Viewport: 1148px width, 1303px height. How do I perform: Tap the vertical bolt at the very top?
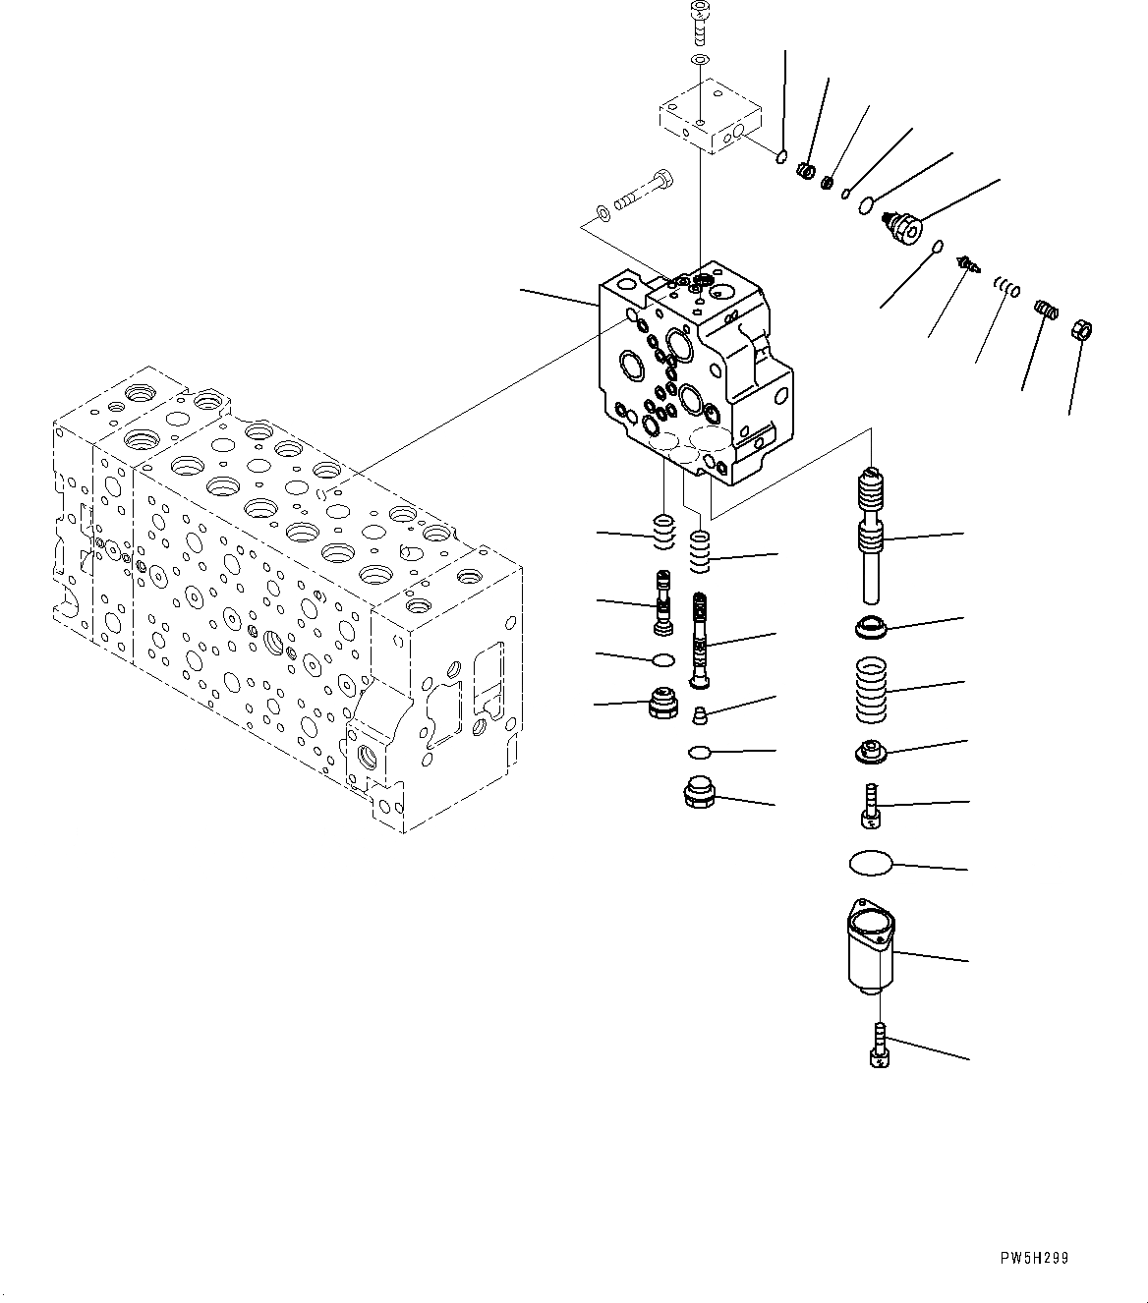[x=699, y=23]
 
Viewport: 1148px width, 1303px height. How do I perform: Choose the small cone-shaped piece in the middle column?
[x=700, y=713]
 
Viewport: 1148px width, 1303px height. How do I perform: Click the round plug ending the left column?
[x=666, y=705]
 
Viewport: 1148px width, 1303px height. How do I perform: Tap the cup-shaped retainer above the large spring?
[x=871, y=626]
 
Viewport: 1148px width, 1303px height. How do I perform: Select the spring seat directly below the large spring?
[x=871, y=752]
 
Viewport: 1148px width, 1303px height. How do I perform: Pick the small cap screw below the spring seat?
[x=871, y=804]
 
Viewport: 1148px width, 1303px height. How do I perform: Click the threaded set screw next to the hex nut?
[x=1048, y=312]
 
